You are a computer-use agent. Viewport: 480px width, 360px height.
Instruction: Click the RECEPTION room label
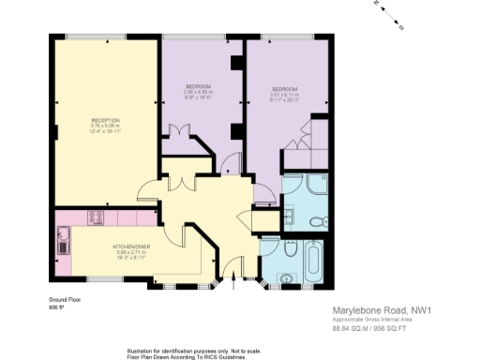[x=104, y=120]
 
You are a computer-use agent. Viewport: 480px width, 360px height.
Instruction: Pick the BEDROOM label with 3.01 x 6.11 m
[x=282, y=89]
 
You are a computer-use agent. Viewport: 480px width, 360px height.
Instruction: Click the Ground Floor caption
[x=65, y=300]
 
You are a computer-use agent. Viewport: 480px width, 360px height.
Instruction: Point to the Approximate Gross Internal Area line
[x=372, y=320]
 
